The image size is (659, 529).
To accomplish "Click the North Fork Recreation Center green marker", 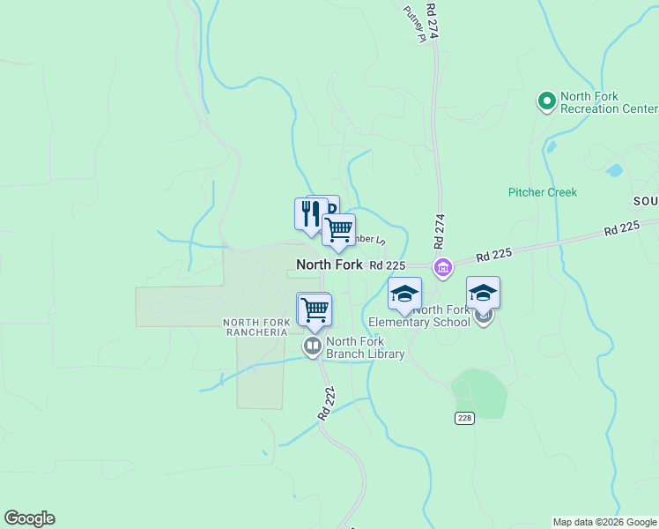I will [x=546, y=102].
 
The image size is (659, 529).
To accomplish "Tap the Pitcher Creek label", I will [x=542, y=192].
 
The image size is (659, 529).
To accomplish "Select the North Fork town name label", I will [x=329, y=264].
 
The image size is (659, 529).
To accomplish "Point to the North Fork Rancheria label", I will [x=255, y=327].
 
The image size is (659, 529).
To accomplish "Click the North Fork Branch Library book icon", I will [x=313, y=346].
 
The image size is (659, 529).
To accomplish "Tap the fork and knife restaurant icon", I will [x=310, y=213].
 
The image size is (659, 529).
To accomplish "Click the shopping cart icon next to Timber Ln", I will [x=338, y=230].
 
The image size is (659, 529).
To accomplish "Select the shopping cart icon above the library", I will [x=315, y=309].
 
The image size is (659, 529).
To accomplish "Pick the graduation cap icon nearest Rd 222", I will [x=405, y=294].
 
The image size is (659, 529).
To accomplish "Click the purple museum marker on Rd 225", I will [x=442, y=266].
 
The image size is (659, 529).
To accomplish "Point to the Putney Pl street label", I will [x=415, y=24].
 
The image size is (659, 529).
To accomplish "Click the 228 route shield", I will [x=465, y=418].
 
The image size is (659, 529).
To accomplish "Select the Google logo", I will [x=29, y=518].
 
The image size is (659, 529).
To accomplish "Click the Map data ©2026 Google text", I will [x=604, y=522].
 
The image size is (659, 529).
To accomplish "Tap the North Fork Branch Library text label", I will [x=365, y=348].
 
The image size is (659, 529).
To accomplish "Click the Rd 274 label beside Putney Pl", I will [x=432, y=22].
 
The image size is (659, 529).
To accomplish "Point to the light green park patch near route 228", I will [x=479, y=391].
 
